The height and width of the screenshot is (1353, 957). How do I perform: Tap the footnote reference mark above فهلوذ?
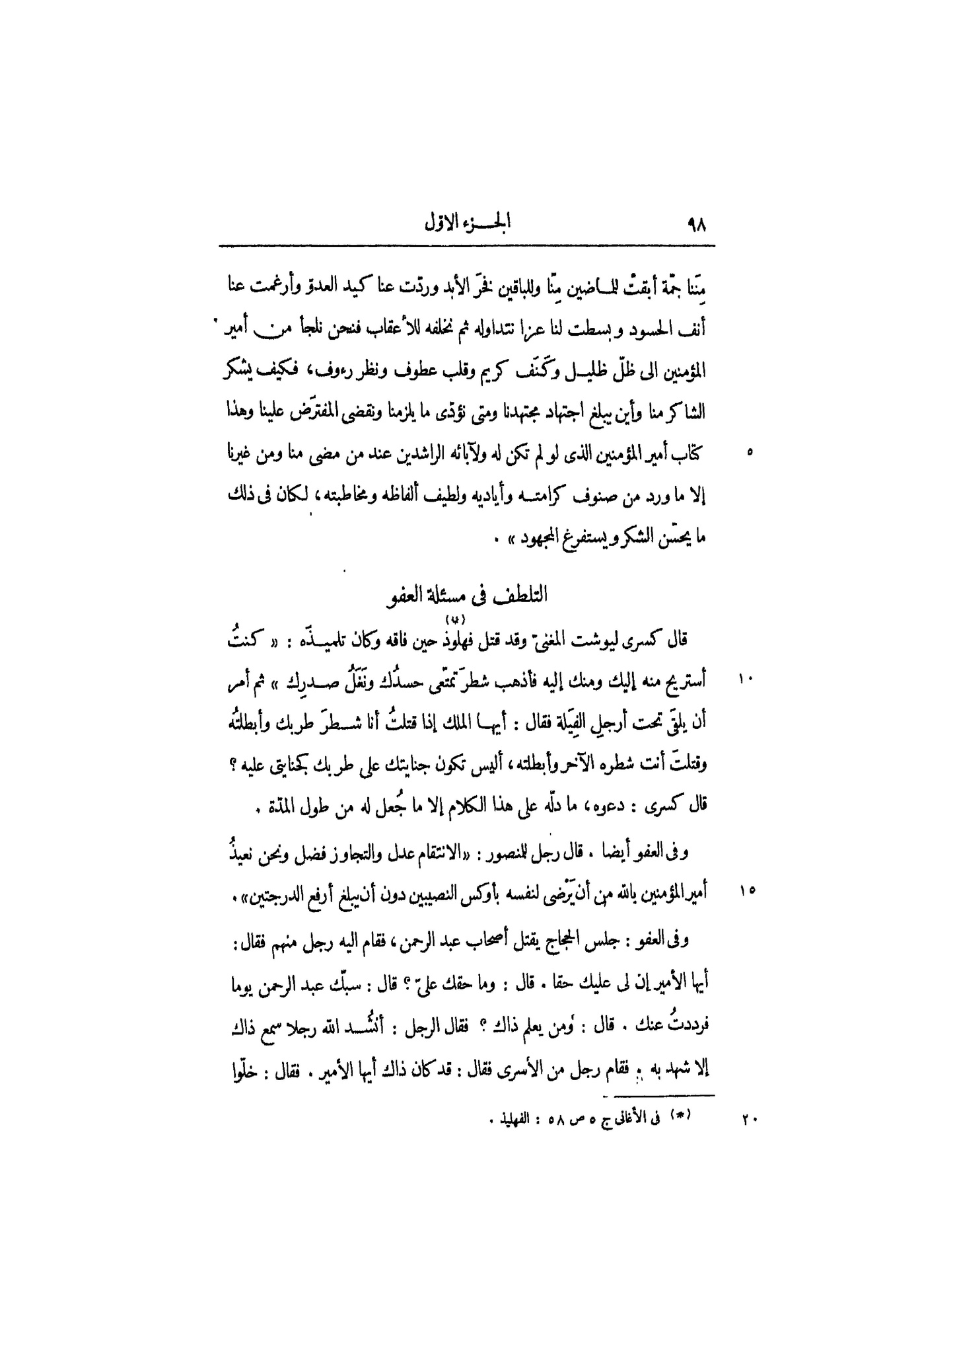pos(456,618)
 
